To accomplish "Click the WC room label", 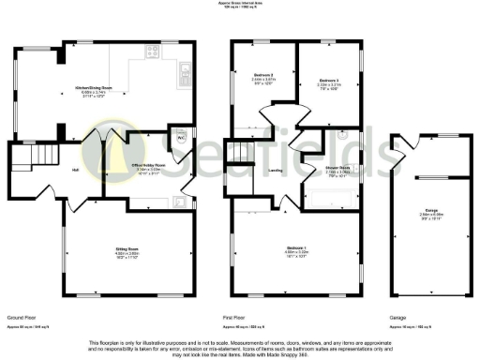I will coord(180,137).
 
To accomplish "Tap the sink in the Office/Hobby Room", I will coord(181,201).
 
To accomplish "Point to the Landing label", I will coord(276,171).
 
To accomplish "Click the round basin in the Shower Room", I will coord(345,134).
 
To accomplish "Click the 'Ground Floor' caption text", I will coord(20,318).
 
